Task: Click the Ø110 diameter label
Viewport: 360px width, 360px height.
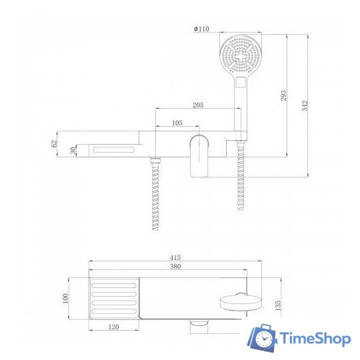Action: tap(201, 29)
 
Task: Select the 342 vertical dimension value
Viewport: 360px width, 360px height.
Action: tap(306, 107)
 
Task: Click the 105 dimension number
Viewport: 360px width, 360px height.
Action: tap(177, 123)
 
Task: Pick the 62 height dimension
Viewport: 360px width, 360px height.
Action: tap(54, 144)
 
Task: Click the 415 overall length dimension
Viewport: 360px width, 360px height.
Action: tap(176, 257)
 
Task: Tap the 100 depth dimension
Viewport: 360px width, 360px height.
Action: tap(66, 297)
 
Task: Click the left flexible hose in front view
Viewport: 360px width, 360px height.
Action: tap(156, 193)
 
